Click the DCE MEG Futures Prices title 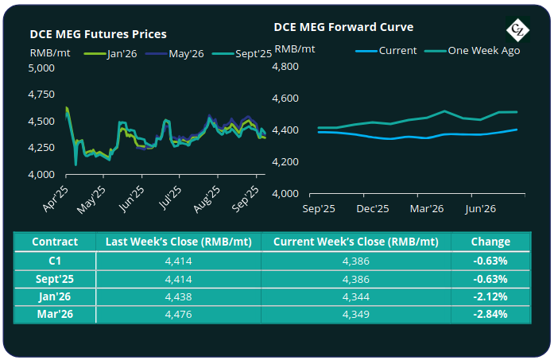(x=98, y=34)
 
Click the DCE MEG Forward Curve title (x=343, y=26)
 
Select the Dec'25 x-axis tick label (x=372, y=209)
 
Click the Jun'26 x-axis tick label (x=481, y=209)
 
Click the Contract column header (x=55, y=242)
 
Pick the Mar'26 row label (x=55, y=314)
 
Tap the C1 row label (x=55, y=261)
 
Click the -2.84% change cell (x=490, y=314)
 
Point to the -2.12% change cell (x=490, y=296)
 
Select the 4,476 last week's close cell (x=178, y=314)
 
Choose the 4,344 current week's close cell (x=356, y=296)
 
